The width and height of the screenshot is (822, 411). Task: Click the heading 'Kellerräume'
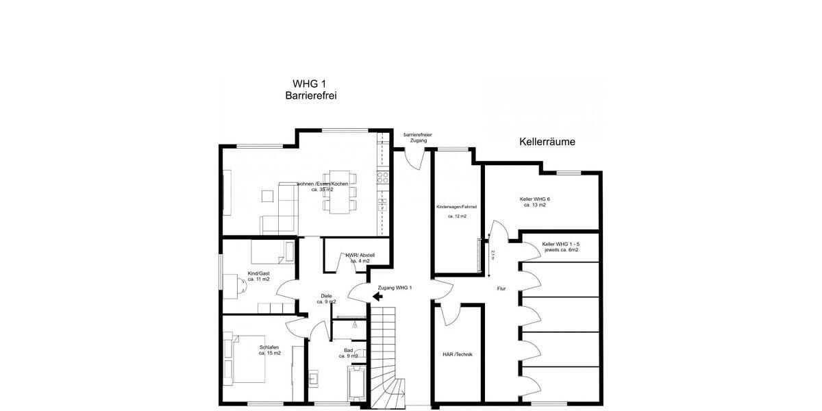[x=547, y=142]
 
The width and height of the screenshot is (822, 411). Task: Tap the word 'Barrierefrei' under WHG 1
[x=310, y=97]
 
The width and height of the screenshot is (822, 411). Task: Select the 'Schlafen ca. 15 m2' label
[x=269, y=350]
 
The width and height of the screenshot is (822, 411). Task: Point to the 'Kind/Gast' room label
[x=258, y=276]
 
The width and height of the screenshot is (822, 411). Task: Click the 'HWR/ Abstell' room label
[x=360, y=258]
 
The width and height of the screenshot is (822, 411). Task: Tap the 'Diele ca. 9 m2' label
[x=326, y=299]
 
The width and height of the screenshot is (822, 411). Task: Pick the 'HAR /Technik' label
[x=458, y=354]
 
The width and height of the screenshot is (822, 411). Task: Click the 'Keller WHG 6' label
[x=534, y=201]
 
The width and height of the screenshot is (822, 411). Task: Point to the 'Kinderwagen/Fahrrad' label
[x=457, y=206]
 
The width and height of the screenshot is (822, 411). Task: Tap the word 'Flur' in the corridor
[x=501, y=288]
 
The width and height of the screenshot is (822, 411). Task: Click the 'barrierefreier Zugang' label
[x=417, y=138]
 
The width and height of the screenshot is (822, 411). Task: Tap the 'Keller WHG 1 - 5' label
[x=560, y=247]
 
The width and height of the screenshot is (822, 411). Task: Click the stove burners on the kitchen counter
[x=383, y=177]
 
